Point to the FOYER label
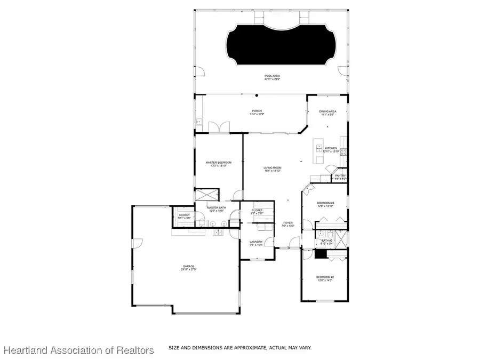pos(288,224)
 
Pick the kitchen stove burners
pos(345,151)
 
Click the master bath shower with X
pos(207,195)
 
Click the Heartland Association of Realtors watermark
pos(79,350)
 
